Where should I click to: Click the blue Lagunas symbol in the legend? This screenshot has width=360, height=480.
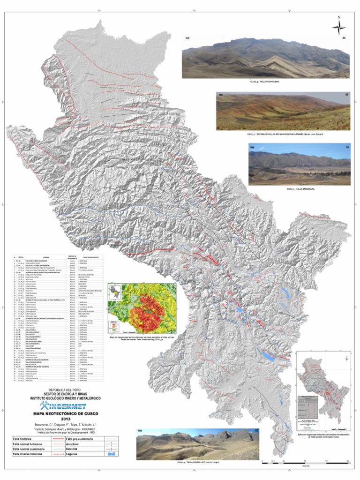click(x=112, y=454)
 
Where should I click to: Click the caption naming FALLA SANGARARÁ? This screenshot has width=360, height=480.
click(x=299, y=188)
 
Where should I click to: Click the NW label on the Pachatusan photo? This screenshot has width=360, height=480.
click(x=187, y=37)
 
